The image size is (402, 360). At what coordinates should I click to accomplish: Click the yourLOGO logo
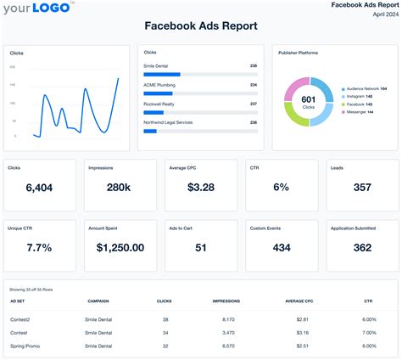tap(39, 9)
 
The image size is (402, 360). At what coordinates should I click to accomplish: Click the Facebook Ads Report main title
tap(201, 27)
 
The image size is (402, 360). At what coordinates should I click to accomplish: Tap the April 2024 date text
tap(377, 15)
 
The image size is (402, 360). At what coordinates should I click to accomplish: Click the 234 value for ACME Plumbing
tap(254, 85)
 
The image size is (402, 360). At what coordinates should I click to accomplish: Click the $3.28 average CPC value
tap(200, 188)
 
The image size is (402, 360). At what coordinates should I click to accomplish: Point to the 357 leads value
tap(361, 188)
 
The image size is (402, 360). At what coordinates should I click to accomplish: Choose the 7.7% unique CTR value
tap(39, 248)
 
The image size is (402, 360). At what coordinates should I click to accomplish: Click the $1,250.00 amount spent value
tap(120, 248)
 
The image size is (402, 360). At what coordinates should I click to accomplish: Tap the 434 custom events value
tap(281, 248)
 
